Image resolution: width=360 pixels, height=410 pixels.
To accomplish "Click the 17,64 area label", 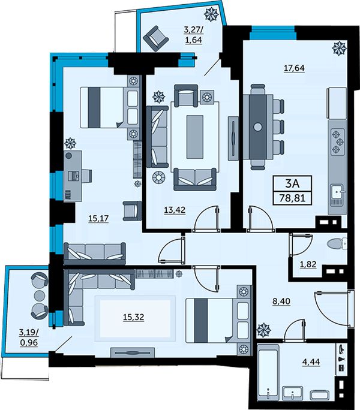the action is [x=294, y=68].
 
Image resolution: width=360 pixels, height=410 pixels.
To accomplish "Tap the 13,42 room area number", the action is [x=175, y=210].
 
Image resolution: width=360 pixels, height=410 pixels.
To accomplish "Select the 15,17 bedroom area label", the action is [x=98, y=218].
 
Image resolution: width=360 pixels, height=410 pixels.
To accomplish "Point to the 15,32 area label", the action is [x=134, y=317].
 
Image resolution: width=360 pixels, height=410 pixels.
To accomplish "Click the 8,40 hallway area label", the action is [x=281, y=302].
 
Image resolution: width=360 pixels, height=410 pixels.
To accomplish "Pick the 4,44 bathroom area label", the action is [x=311, y=362].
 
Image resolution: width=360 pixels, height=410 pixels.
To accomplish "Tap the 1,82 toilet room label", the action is [x=308, y=264].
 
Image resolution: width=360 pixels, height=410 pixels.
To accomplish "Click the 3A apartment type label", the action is [x=292, y=184].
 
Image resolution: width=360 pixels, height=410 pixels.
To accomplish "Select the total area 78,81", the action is [x=292, y=198].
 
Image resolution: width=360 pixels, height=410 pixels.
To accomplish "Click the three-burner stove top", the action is [x=338, y=142].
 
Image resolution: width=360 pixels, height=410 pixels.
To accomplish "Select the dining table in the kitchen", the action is [x=258, y=127].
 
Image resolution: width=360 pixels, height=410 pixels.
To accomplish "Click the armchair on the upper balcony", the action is [x=156, y=39].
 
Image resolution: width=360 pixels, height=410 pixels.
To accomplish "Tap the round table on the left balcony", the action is [x=40, y=295].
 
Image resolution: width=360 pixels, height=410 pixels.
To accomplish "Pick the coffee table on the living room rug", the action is [x=195, y=137].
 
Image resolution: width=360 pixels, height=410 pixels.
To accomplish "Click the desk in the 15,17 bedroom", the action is [x=73, y=176].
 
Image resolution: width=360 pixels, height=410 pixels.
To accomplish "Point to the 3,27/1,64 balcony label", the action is [x=194, y=35].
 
